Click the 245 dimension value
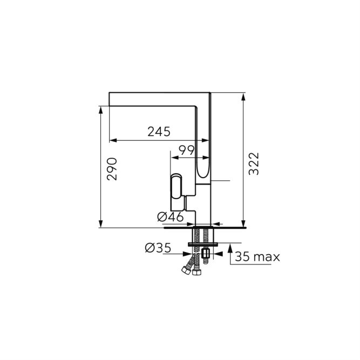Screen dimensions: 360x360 (x=159, y=132)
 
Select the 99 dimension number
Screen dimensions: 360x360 (x=187, y=151)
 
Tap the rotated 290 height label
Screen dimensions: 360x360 (x=112, y=169)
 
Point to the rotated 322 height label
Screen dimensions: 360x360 (x=254, y=164)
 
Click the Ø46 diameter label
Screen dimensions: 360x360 (x=171, y=216)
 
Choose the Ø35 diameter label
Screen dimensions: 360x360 (x=158, y=248)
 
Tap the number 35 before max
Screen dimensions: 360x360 (x=242, y=257)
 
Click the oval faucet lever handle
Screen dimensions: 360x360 (x=176, y=186)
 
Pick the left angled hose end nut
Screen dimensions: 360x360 (x=186, y=270)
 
